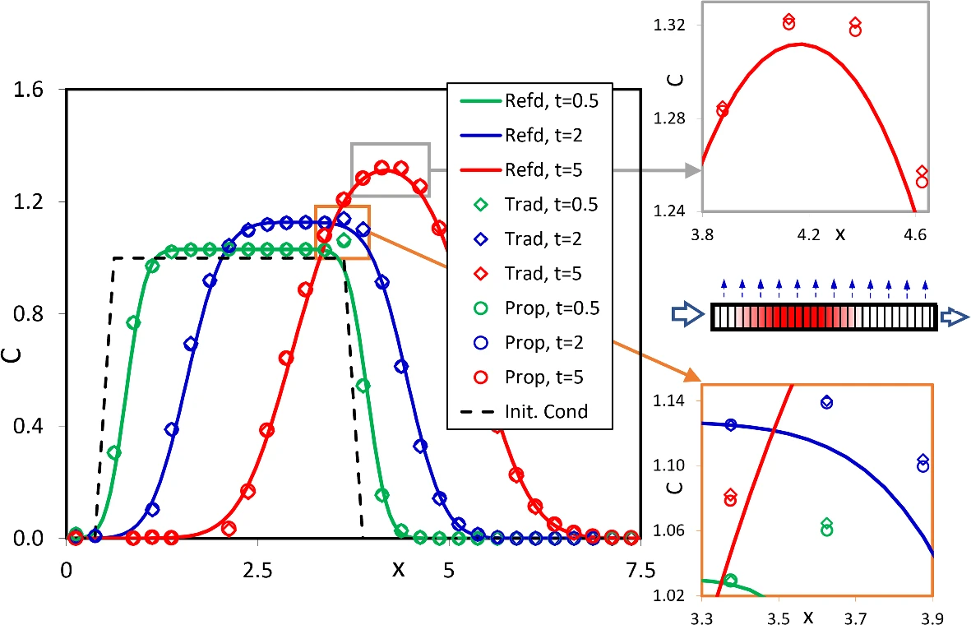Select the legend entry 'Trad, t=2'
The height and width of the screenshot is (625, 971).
(530, 239)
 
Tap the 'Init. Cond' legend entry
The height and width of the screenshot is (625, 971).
(530, 411)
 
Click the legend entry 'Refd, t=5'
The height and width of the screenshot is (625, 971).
(530, 171)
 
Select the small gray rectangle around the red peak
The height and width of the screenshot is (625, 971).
(390, 169)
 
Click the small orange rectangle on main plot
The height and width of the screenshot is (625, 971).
(342, 232)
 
